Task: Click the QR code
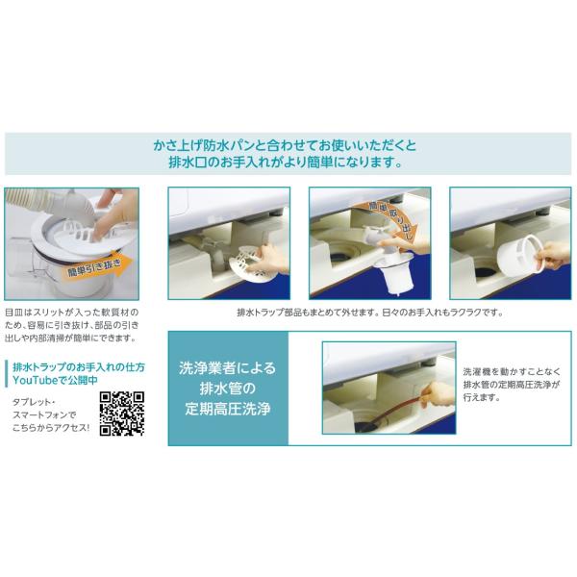pyautogui.click(x=121, y=414)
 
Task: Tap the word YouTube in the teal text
pyautogui.click(x=36, y=380)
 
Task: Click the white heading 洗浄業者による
pyautogui.click(x=227, y=368)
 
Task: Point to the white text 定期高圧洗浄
pyautogui.click(x=228, y=409)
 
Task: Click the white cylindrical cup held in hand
pyautogui.click(x=519, y=254)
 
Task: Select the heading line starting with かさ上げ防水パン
pyautogui.click(x=285, y=145)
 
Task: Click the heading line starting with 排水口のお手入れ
pyautogui.click(x=285, y=163)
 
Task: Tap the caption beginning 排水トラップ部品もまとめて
pyautogui.click(x=370, y=313)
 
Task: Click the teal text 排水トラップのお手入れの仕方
pyautogui.click(x=79, y=367)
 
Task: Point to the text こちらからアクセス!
pyautogui.click(x=51, y=428)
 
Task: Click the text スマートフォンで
pyautogui.click(x=44, y=415)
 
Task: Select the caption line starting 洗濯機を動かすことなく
pyautogui.click(x=512, y=371)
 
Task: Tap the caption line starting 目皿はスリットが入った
pyautogui.click(x=72, y=313)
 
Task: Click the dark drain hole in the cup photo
pyautogui.click(x=487, y=273)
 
